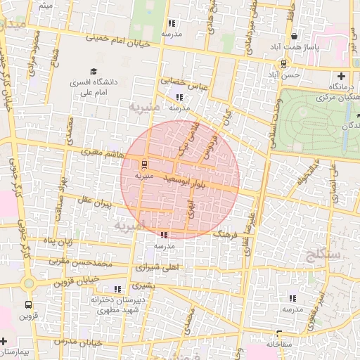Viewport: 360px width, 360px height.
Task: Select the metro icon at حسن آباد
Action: (283, 63)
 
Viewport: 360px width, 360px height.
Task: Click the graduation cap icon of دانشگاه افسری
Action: (93, 71)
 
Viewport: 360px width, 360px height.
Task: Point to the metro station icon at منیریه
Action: (144, 165)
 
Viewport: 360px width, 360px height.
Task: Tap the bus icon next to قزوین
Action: (28, 305)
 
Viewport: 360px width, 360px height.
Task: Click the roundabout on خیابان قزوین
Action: (28, 284)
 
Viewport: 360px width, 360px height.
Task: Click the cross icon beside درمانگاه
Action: (342, 76)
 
